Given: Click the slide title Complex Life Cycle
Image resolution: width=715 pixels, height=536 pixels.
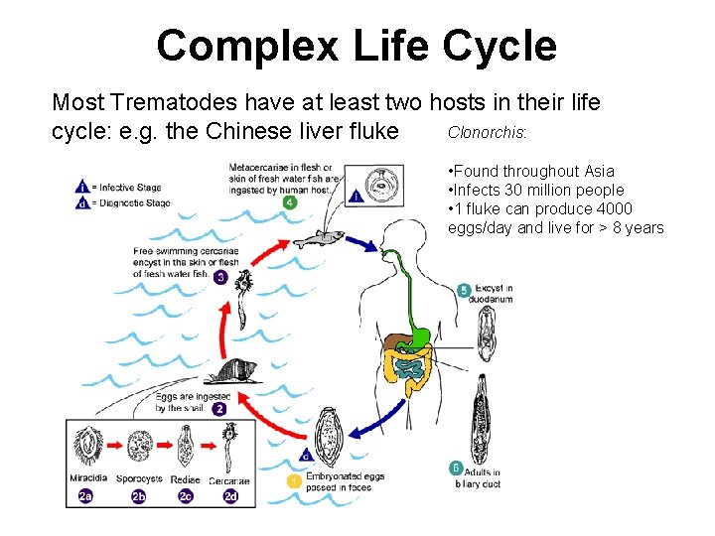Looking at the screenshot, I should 357,46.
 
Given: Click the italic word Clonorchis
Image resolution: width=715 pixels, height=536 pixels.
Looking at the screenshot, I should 487,131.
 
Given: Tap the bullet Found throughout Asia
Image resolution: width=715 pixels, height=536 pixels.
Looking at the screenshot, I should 531,172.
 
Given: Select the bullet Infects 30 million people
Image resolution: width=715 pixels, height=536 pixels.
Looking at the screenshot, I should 536,190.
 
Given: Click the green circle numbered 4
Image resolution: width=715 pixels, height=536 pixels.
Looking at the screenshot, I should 289,202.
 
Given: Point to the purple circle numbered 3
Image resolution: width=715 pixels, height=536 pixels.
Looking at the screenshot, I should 219,277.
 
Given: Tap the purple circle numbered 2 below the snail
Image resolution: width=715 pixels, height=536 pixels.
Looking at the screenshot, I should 219,408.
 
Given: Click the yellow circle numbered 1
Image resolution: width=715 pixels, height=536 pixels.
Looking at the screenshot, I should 293,480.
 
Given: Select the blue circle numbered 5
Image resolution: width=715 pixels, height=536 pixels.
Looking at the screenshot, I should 464,291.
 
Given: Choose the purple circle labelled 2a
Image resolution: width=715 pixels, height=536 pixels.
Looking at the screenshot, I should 86,495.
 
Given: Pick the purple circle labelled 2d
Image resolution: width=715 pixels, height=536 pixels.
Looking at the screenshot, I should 230,495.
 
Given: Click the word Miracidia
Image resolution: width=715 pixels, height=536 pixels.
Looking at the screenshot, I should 89,479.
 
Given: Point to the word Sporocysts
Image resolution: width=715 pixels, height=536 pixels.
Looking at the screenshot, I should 140,479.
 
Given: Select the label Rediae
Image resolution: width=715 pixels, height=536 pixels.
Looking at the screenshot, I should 186,479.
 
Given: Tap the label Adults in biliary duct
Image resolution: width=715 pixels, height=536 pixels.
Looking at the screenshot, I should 479,477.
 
